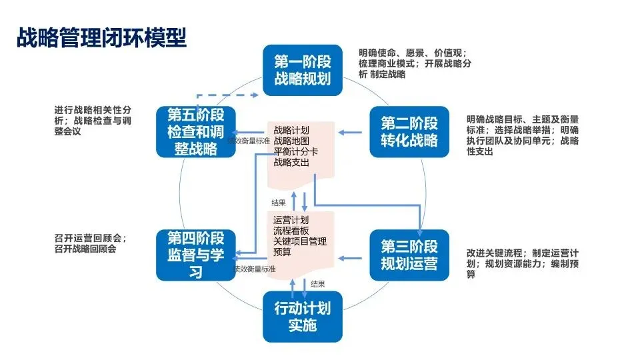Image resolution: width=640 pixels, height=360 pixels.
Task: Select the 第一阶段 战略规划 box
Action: (302, 71)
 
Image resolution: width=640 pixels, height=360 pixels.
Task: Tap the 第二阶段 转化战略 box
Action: (409, 132)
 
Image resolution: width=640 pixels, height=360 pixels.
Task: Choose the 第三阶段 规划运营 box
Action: (409, 254)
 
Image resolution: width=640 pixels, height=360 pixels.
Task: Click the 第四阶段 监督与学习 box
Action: (196, 254)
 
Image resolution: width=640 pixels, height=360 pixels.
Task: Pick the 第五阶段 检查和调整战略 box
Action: (196, 131)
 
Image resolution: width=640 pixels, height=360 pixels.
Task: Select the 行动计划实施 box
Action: (302, 317)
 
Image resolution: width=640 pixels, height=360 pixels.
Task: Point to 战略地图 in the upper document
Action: (291, 141)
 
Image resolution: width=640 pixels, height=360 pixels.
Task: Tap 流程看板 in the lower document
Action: (291, 230)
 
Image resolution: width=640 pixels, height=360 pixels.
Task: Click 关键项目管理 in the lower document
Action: (300, 241)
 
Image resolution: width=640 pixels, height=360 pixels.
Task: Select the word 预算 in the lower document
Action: (283, 251)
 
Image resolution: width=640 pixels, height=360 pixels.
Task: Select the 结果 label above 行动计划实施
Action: (318, 284)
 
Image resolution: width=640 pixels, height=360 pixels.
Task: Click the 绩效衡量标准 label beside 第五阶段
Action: (249, 141)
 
